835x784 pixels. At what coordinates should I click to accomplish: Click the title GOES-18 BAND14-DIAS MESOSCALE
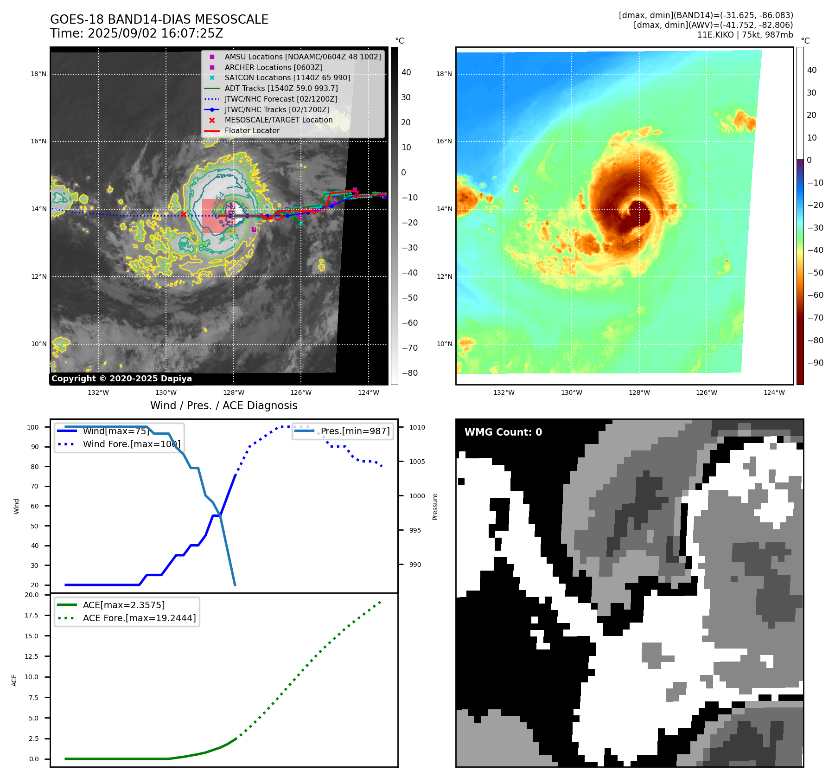pyautogui.click(x=159, y=19)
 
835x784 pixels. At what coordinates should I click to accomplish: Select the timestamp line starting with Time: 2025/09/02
pyautogui.click(x=136, y=33)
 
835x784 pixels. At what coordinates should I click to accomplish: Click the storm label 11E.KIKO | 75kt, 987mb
pyautogui.click(x=745, y=35)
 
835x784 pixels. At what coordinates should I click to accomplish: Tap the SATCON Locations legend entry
pyautogui.click(x=287, y=77)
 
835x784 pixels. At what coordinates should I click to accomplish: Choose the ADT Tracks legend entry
pyautogui.click(x=281, y=88)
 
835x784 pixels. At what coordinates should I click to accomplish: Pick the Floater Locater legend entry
pyautogui.click(x=252, y=131)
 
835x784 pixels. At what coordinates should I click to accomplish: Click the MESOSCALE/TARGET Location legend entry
pyautogui.click(x=278, y=120)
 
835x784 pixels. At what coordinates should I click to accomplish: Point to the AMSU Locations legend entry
pyautogui.click(x=302, y=57)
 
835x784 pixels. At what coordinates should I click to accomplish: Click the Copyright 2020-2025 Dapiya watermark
pyautogui.click(x=121, y=379)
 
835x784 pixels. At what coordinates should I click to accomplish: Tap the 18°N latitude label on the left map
pyautogui.click(x=38, y=74)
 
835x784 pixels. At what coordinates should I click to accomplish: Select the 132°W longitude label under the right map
pyautogui.click(x=504, y=392)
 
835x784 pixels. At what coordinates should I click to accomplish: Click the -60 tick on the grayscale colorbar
pyautogui.click(x=409, y=323)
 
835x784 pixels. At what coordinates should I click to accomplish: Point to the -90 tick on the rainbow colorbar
pyautogui.click(x=815, y=363)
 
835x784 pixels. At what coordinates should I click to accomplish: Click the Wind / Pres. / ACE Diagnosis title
pyautogui.click(x=223, y=405)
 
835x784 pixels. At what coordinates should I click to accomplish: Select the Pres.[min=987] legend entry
pyautogui.click(x=355, y=431)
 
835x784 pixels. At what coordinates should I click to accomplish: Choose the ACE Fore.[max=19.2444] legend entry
pyautogui.click(x=139, y=618)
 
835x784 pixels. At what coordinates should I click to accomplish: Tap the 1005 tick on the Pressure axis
pyautogui.click(x=417, y=462)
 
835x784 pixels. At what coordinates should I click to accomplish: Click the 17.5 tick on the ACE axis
pyautogui.click(x=32, y=615)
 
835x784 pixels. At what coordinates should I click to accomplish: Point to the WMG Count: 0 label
pyautogui.click(x=503, y=432)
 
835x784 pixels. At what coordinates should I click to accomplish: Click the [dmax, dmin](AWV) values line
pyautogui.click(x=713, y=25)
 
